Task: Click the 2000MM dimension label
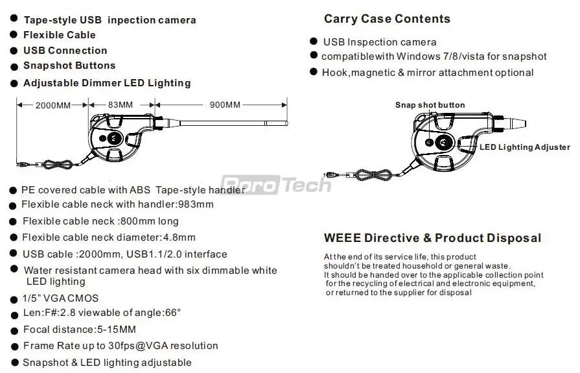click(53, 104)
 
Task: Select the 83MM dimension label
click(121, 104)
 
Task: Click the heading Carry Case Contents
click(387, 19)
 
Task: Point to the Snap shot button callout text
click(430, 105)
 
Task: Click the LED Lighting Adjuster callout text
click(525, 147)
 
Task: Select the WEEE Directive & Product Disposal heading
click(432, 238)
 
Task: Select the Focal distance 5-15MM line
click(79, 330)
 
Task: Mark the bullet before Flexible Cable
click(14, 35)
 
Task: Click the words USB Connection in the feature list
click(65, 51)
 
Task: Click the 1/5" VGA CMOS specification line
click(60, 298)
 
